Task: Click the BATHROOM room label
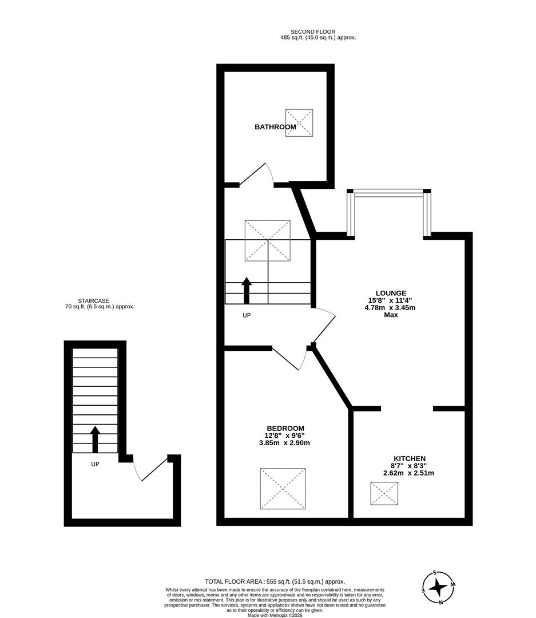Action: (x=275, y=127)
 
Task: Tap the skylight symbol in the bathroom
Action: (x=299, y=122)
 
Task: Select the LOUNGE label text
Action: (x=391, y=293)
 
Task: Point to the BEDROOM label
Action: (x=285, y=428)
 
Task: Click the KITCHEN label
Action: (x=408, y=458)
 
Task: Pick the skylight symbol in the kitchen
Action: (x=384, y=493)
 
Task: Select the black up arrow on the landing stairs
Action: (x=247, y=290)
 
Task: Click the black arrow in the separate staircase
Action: (x=95, y=439)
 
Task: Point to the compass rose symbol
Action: (x=438, y=588)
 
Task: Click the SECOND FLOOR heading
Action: (x=312, y=32)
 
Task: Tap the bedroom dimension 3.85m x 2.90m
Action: (x=284, y=443)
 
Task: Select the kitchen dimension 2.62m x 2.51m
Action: (x=408, y=473)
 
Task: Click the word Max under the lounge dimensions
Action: (x=391, y=315)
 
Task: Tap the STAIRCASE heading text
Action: (x=94, y=300)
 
